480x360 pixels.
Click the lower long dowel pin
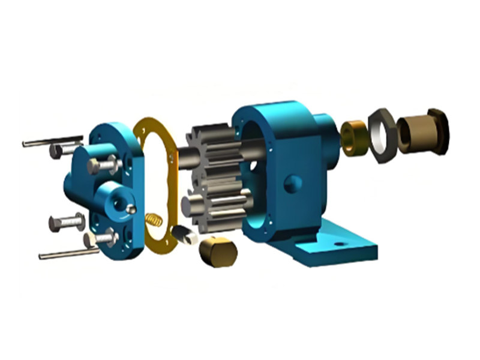(66, 254)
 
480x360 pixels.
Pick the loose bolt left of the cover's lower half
(65, 223)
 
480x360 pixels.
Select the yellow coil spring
(154, 220)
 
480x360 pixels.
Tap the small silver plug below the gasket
(184, 235)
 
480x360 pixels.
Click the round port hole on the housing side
(292, 183)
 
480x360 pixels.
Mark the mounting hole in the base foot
(339, 245)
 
